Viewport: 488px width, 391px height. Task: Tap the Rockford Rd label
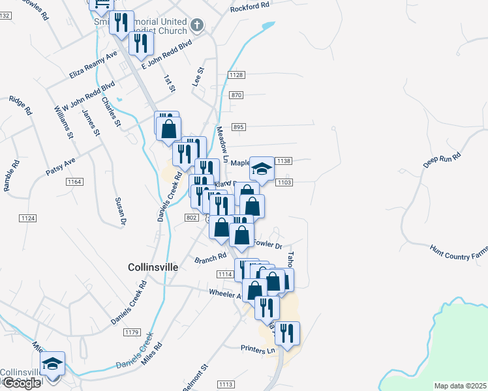coord(250,8)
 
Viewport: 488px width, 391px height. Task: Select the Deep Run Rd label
coord(442,160)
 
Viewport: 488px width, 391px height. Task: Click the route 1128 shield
coord(236,76)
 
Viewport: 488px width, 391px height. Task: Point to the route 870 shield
coord(236,95)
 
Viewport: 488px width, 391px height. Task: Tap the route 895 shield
coord(238,127)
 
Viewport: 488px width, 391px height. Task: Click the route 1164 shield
coord(74,182)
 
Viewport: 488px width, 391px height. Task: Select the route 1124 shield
coord(27,218)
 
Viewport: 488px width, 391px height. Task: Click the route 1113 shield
coord(226,384)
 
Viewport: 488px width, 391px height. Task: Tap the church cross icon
coord(197,26)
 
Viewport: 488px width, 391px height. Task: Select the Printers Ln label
coord(258,350)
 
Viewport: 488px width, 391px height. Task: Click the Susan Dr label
coord(119,212)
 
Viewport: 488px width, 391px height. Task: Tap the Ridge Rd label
coord(20,106)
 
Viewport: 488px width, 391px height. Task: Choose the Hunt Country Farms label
coord(458,252)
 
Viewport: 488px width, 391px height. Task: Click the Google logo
coord(22,383)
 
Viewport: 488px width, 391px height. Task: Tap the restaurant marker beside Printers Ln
coord(286,333)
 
